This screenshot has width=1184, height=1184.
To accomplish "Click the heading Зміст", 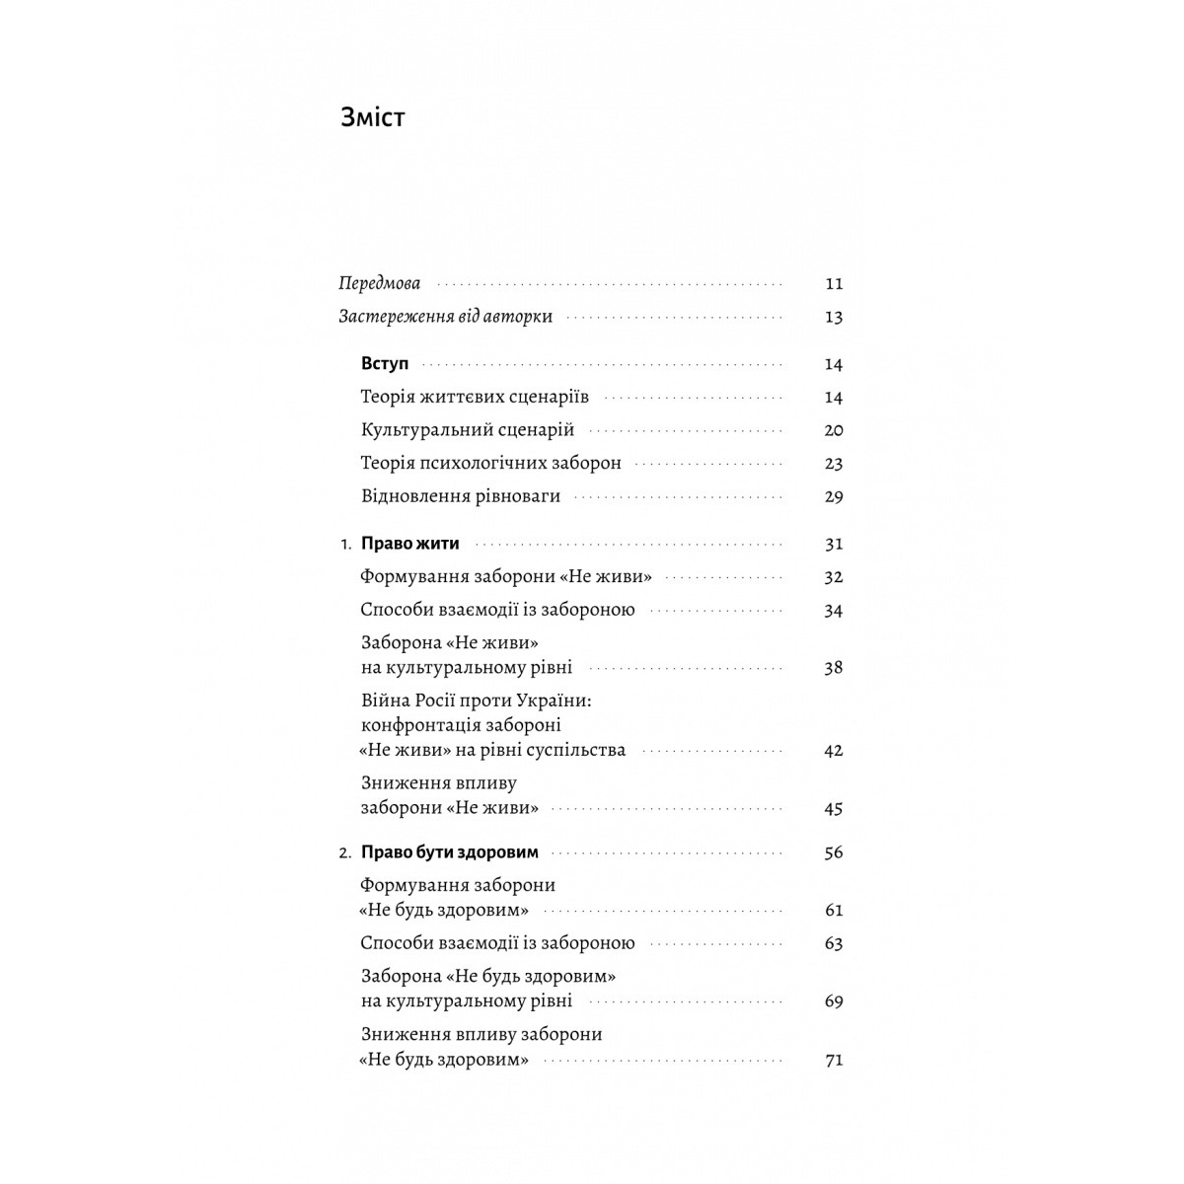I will [x=372, y=117].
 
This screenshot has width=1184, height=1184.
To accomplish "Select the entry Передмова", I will [x=379, y=284].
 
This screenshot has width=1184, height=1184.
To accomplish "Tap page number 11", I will [x=834, y=284].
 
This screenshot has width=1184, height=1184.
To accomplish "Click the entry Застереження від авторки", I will [x=445, y=317].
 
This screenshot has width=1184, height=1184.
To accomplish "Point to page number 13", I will [x=834, y=317].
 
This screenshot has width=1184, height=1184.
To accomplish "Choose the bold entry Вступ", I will [x=385, y=364].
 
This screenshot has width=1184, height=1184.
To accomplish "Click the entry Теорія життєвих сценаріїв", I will [x=475, y=398].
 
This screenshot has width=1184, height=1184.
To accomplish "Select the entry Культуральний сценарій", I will [x=468, y=430].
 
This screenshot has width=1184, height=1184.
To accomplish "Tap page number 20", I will [x=834, y=430].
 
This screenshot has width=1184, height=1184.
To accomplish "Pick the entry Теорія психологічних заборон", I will [x=491, y=463].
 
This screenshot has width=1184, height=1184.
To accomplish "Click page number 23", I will [x=834, y=463].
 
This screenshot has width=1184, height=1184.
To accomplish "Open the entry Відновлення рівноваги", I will [x=461, y=496].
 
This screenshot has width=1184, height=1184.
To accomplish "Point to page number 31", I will [x=834, y=544].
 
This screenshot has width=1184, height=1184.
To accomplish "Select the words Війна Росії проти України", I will [x=481, y=701].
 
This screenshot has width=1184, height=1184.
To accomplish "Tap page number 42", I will [x=834, y=750].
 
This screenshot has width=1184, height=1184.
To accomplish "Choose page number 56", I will [x=834, y=852].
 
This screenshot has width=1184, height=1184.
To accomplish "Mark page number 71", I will [x=834, y=1061].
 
